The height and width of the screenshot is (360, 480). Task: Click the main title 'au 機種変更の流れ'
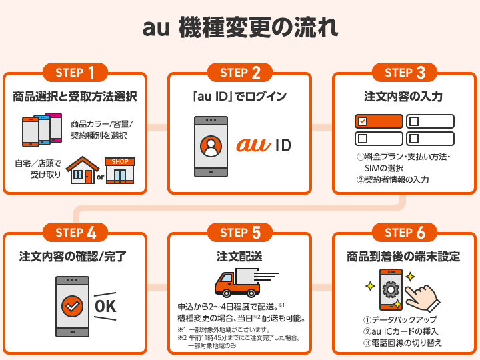[240, 29]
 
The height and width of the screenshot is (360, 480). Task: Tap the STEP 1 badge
[75, 72]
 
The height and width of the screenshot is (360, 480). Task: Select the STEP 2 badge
[239, 72]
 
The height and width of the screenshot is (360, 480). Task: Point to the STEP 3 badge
[405, 72]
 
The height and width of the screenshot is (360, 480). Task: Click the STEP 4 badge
[75, 232]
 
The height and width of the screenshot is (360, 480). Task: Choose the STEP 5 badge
[239, 232]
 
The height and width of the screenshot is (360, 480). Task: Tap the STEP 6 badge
[405, 232]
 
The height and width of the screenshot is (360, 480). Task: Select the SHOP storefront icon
[120, 170]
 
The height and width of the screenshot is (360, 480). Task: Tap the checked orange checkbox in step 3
[363, 121]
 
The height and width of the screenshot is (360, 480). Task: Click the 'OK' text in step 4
[106, 306]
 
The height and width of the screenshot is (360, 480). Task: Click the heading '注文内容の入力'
[404, 97]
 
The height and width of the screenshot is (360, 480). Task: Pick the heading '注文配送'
[239, 257]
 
